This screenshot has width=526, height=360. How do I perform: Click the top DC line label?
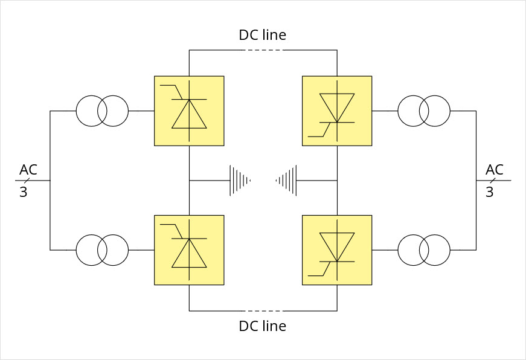(x=263, y=35)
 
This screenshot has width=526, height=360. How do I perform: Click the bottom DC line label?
(x=263, y=326)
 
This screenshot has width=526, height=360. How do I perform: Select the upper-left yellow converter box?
(x=189, y=111)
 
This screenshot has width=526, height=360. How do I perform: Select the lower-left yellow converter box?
(x=189, y=250)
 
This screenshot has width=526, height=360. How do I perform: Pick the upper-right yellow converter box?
(x=337, y=111)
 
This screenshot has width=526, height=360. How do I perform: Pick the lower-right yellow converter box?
(x=337, y=250)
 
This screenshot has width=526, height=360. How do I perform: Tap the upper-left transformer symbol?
(x=102, y=111)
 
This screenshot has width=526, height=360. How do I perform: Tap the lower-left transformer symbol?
(x=102, y=249)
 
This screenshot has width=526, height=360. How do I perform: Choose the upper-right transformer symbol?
(x=424, y=111)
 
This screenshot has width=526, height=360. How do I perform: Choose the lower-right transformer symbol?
(x=424, y=249)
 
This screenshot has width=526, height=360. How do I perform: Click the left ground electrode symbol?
(x=240, y=180)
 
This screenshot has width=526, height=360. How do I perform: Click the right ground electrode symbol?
(x=287, y=180)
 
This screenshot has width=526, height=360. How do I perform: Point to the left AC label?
(x=28, y=169)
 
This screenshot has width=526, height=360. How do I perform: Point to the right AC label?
(x=495, y=169)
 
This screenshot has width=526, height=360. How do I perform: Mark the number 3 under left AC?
(x=24, y=193)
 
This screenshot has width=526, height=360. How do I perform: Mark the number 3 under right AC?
(x=490, y=193)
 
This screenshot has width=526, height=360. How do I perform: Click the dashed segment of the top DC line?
(x=263, y=50)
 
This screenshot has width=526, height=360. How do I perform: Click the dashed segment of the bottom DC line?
(x=263, y=310)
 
